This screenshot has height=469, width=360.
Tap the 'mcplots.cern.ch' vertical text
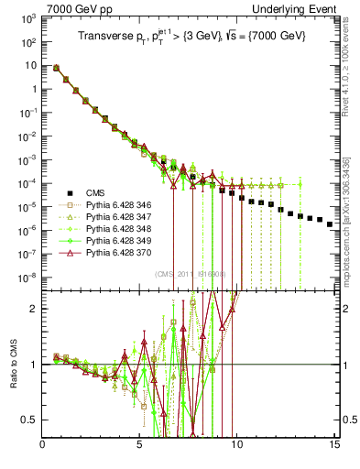click(x=353, y=229)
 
